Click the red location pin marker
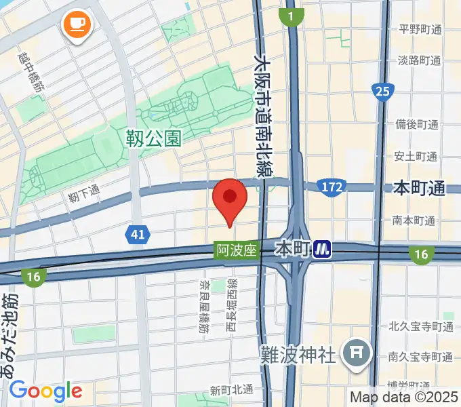230,199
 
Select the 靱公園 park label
154,139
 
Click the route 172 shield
332,187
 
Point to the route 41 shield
138,235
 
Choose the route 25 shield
382,90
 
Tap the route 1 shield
291,16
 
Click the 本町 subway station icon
322,250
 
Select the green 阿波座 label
237,250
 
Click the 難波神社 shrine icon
355,353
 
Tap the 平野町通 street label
420,29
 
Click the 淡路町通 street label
420,60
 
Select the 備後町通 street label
418,125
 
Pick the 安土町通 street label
418,156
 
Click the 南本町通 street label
413,220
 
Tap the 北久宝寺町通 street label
421,326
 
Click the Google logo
45,391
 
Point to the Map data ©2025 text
403,397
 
